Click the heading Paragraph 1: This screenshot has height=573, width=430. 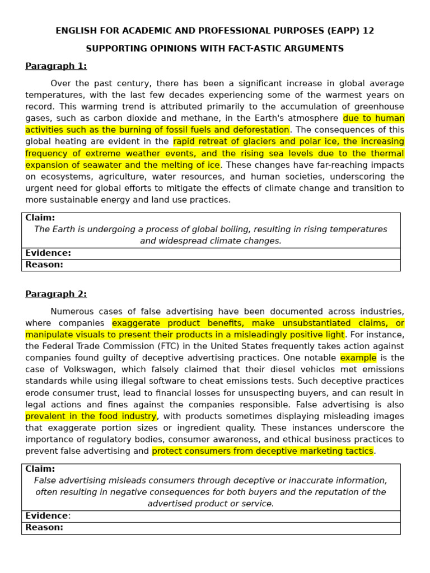pos(56,66)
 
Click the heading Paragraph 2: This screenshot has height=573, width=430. pos(56,294)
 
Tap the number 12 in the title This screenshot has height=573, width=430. pos(368,31)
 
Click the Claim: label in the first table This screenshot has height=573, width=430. pos(40,218)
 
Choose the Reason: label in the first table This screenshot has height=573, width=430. pos(44,265)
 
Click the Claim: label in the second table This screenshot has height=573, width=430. pos(40,469)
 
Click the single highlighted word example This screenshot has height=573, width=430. pos(358,358)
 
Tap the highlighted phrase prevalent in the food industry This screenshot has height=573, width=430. pos(91,416)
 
